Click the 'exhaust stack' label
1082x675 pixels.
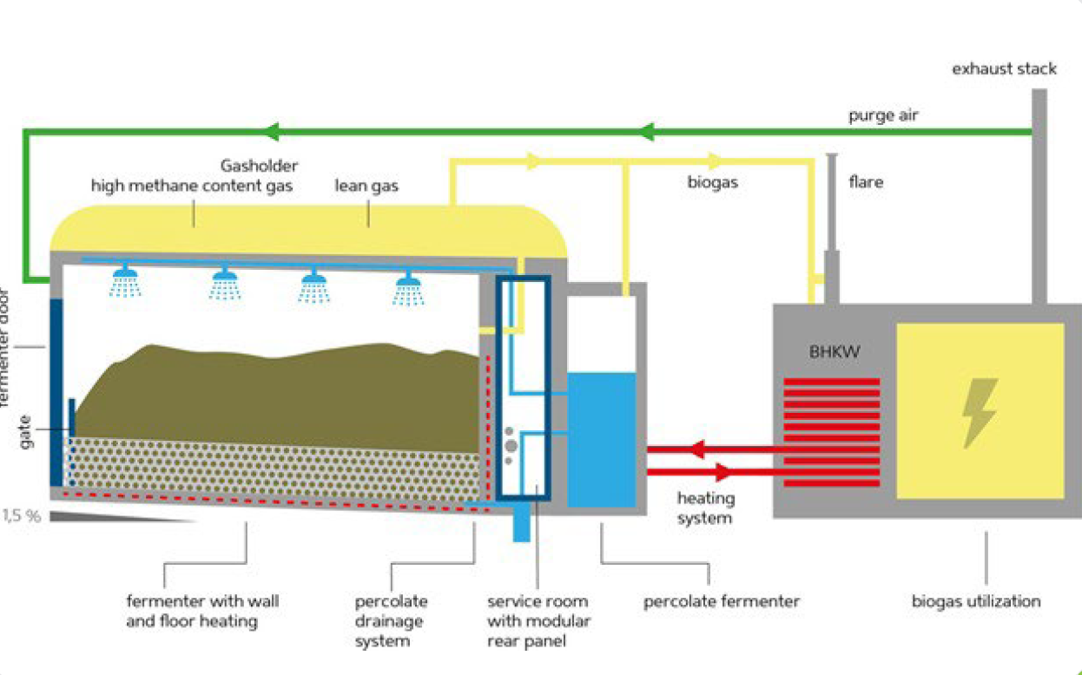point(1004,69)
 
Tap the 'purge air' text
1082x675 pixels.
point(883,115)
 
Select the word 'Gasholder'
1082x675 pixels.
point(259,166)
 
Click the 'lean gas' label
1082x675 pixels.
point(366,186)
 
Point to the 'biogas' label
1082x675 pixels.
point(712,183)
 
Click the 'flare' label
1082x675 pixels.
point(866,183)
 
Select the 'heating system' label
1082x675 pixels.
point(705,508)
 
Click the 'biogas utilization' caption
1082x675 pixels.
point(976,601)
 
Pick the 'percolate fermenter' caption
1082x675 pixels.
point(721,601)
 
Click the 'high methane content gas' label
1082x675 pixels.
point(191,186)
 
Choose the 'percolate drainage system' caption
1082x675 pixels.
point(391,621)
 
